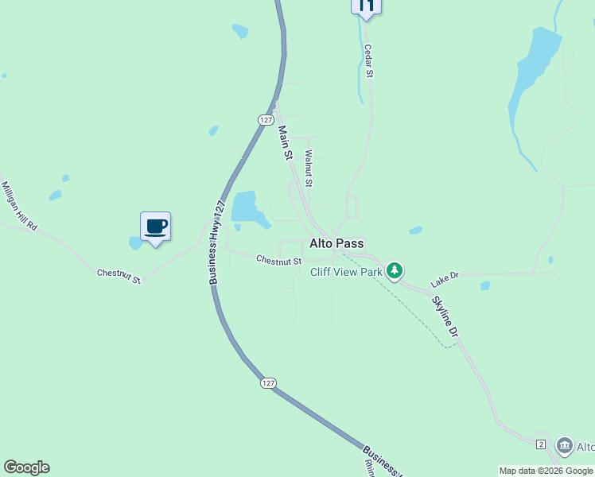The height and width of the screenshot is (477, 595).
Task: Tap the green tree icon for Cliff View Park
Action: (395, 272)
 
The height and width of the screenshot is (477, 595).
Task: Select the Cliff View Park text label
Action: (347, 272)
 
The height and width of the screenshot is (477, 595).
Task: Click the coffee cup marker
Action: (156, 227)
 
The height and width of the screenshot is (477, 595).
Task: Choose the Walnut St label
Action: (309, 169)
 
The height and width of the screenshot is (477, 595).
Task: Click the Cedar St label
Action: (368, 61)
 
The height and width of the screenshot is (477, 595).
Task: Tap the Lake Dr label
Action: (445, 279)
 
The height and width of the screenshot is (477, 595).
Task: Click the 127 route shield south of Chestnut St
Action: (268, 383)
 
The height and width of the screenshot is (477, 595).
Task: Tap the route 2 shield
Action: (540, 444)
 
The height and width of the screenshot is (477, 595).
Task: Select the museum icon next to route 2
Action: (565, 445)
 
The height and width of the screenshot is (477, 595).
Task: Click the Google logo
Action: (26, 467)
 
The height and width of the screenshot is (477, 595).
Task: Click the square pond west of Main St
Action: (246, 207)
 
